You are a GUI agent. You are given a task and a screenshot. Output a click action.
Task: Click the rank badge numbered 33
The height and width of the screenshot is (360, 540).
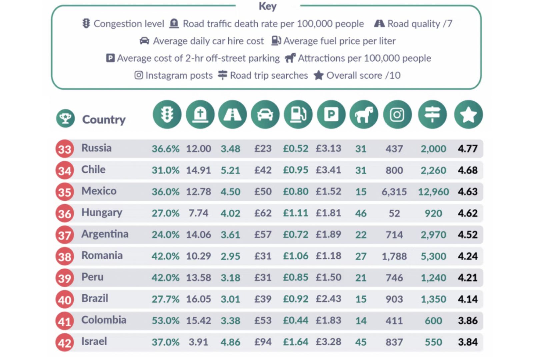(65, 149)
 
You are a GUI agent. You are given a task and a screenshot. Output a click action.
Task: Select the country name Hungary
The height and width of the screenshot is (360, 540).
(102, 213)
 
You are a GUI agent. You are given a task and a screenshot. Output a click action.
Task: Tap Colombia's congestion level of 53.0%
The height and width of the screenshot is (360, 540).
(165, 321)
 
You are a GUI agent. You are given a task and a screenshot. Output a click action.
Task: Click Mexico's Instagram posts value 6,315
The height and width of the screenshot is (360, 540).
(394, 192)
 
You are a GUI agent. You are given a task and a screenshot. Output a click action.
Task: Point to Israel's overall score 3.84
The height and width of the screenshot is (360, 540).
(467, 342)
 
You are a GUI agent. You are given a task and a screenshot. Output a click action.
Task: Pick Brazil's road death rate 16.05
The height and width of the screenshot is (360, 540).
(198, 299)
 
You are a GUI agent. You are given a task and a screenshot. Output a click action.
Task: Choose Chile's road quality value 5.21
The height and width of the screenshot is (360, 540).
(230, 170)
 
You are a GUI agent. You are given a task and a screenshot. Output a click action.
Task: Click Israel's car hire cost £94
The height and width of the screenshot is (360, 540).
(263, 342)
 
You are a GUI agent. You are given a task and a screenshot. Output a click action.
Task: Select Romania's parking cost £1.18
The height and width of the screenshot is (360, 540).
(328, 256)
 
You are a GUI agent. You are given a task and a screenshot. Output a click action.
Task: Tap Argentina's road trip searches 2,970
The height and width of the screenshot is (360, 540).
(433, 235)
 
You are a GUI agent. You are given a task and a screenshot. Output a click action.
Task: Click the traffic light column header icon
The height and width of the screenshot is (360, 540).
(167, 115)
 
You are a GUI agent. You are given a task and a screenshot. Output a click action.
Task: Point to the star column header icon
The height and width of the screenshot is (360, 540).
(468, 115)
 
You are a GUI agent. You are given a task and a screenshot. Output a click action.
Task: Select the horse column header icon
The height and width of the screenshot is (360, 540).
(364, 115)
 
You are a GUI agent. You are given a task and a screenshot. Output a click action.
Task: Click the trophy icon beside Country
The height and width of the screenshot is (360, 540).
(65, 118)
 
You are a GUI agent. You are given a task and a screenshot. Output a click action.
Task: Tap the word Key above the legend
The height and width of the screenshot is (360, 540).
(267, 6)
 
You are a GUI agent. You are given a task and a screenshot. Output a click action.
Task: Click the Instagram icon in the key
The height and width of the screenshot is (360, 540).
(139, 75)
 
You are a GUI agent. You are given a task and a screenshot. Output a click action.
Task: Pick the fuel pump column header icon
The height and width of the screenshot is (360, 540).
(298, 115)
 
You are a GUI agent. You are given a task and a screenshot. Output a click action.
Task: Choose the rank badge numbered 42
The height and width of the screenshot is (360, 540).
(65, 343)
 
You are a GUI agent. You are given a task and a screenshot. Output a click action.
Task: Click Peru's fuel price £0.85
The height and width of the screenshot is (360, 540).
(295, 277)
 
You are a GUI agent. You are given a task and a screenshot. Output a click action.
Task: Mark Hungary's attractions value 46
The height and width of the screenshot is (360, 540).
(361, 213)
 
